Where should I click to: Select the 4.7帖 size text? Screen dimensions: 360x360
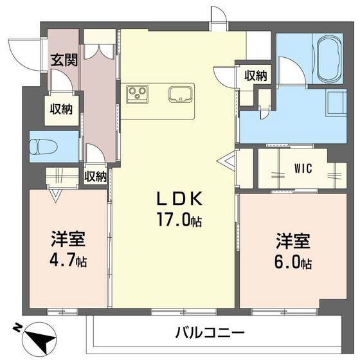click(69, 262)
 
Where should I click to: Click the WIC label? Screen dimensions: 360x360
click(303, 169)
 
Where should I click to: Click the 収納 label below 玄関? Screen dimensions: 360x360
click(62, 109)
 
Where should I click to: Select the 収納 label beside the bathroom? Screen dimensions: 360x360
click(255, 75)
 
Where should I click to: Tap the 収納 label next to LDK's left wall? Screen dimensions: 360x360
click(95, 176)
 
